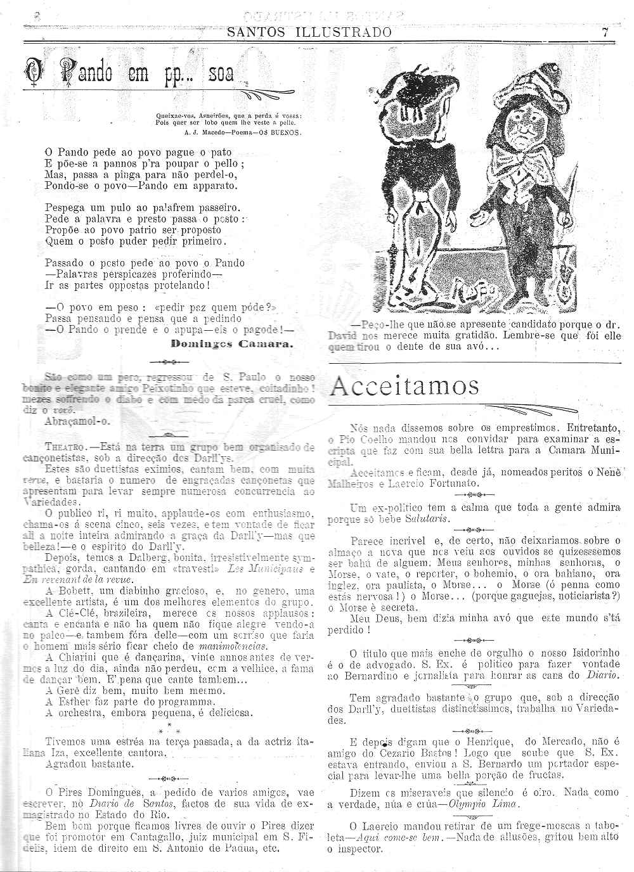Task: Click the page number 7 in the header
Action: point(605,32)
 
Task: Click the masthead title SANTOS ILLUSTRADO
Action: point(309,32)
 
